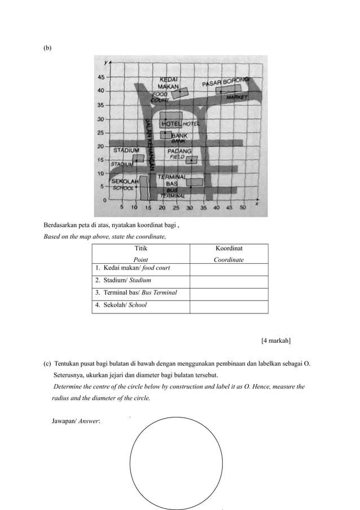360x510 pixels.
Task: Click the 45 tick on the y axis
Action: click(x=102, y=77)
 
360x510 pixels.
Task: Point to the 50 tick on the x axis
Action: click(x=243, y=207)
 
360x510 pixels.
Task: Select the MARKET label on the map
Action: click(x=237, y=97)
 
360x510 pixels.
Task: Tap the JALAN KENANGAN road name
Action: click(x=150, y=145)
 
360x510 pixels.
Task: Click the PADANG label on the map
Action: click(x=179, y=151)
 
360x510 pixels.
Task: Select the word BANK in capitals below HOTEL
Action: click(x=179, y=136)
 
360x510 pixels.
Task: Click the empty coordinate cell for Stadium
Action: click(x=229, y=280)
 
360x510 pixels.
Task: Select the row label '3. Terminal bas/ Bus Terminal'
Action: click(x=136, y=293)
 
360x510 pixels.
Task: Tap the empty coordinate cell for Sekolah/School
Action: click(x=229, y=306)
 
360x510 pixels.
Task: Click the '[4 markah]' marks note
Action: click(x=275, y=341)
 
